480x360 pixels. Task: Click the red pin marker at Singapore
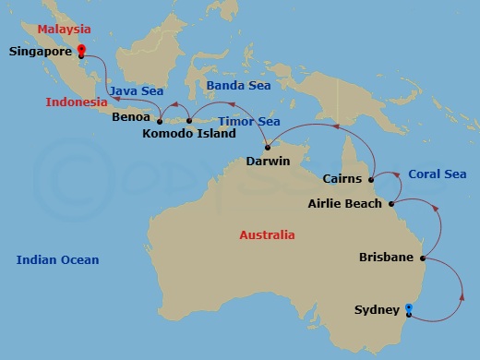coord(81,50)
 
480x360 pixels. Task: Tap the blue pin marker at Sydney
coord(408,308)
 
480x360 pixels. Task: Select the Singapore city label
coord(42,53)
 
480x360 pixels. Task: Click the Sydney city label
coord(377,310)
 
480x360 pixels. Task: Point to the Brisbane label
coord(386,258)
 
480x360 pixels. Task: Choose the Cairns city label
coord(343,179)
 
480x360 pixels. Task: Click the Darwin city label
coord(269,161)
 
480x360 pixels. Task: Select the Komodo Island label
coord(189,134)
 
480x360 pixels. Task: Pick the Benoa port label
coord(130,118)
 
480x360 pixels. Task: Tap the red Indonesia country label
coord(76,102)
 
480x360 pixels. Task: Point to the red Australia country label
coord(268,235)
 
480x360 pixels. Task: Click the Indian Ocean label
coord(57,260)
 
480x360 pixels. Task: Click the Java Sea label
coord(137,91)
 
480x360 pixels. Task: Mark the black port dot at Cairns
coord(371,179)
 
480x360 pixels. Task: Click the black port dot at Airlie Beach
coord(391,203)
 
